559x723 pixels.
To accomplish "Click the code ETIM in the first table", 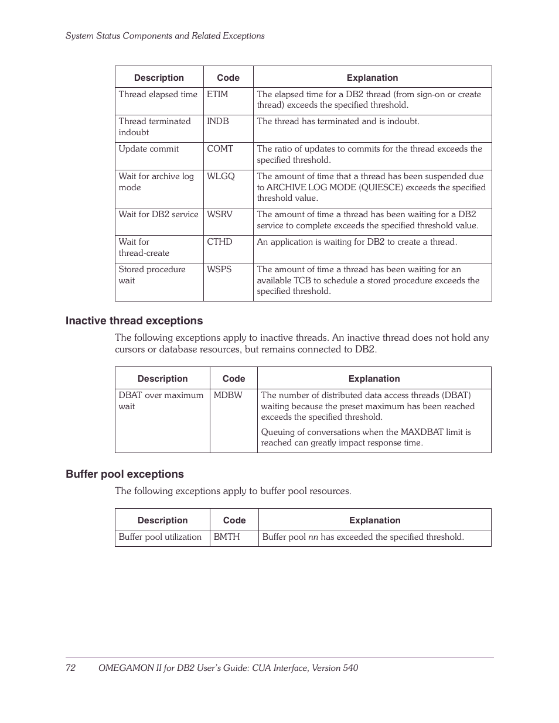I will pos(217,94).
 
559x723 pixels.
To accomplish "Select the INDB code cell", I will pos(218,121).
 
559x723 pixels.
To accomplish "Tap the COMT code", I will pos(220,149).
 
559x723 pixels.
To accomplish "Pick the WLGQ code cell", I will pos(221,176).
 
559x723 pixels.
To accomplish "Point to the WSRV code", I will pos(220,214).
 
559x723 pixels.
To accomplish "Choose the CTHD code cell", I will pos(220,242).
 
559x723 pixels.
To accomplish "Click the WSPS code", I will pos(219,269).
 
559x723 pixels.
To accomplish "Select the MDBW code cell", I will pos(228,395).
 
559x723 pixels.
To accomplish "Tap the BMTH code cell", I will pos(227,537).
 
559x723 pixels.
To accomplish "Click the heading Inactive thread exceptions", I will pos(134,321).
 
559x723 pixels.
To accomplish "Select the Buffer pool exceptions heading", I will pos(125,474).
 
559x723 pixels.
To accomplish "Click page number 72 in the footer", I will pos(70,668).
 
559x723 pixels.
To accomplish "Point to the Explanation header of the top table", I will pos(372,78).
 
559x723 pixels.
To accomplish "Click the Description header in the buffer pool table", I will pos(162,520).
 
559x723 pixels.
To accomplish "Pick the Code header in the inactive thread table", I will pos(234,379).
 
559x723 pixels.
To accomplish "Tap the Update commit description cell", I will pos(149,149).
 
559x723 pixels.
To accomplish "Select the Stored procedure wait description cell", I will pos(152,275).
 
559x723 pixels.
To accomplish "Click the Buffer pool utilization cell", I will pos(160,537).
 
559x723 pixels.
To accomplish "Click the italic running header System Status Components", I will pos(165,36).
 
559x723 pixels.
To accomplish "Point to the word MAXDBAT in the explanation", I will pos(422,432).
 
